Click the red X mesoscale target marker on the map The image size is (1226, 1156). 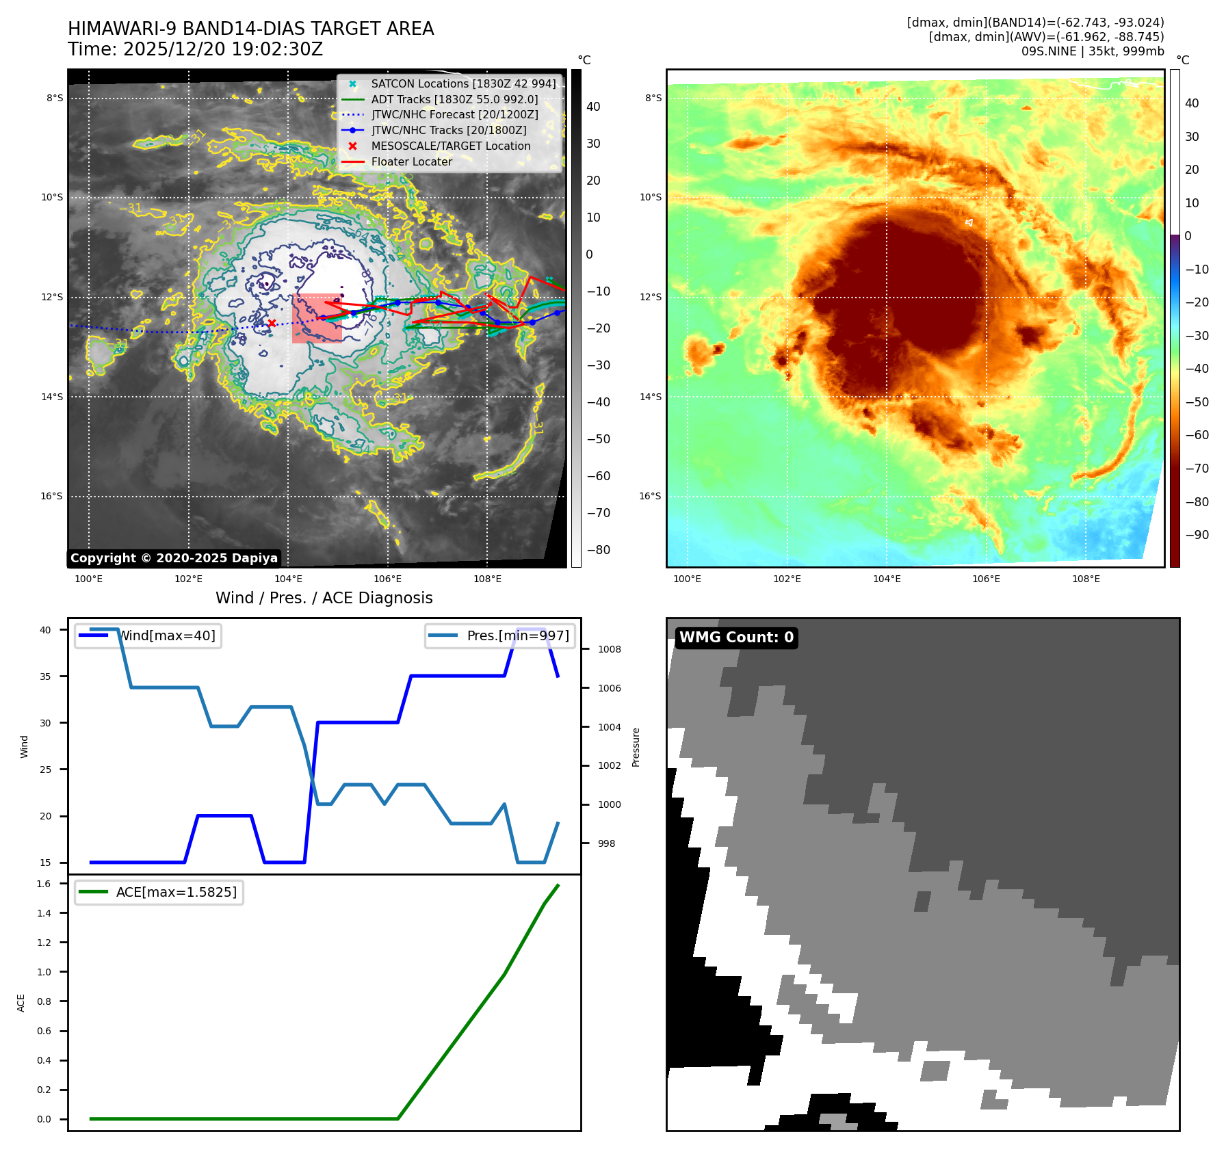pyautogui.click(x=272, y=323)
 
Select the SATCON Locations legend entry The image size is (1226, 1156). pyautogui.click(x=463, y=83)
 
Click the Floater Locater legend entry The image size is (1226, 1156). pyautogui.click(x=411, y=161)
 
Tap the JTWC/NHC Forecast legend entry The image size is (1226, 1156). pyautogui.click(x=454, y=114)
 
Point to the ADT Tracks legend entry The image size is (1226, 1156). pyautogui.click(x=454, y=99)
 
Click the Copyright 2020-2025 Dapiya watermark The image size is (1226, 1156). pyautogui.click(x=174, y=558)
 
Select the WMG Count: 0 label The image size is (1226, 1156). pyautogui.click(x=736, y=638)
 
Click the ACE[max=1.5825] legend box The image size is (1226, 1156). pyautogui.click(x=159, y=892)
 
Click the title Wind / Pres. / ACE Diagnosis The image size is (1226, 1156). pyautogui.click(x=324, y=598)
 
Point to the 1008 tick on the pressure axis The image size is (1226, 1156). pyautogui.click(x=609, y=649)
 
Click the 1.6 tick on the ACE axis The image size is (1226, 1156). pyautogui.click(x=44, y=884)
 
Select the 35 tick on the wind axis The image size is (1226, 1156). pyautogui.click(x=45, y=676)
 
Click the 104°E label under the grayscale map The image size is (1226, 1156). pyautogui.click(x=288, y=579)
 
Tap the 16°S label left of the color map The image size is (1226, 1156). pyautogui.click(x=650, y=496)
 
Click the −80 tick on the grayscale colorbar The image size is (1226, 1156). pyautogui.click(x=598, y=550)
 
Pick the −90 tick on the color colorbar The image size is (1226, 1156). pyautogui.click(x=1197, y=535)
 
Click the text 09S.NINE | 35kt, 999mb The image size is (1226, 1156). pyautogui.click(x=1093, y=51)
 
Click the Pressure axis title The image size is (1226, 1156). pyautogui.click(x=636, y=747)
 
